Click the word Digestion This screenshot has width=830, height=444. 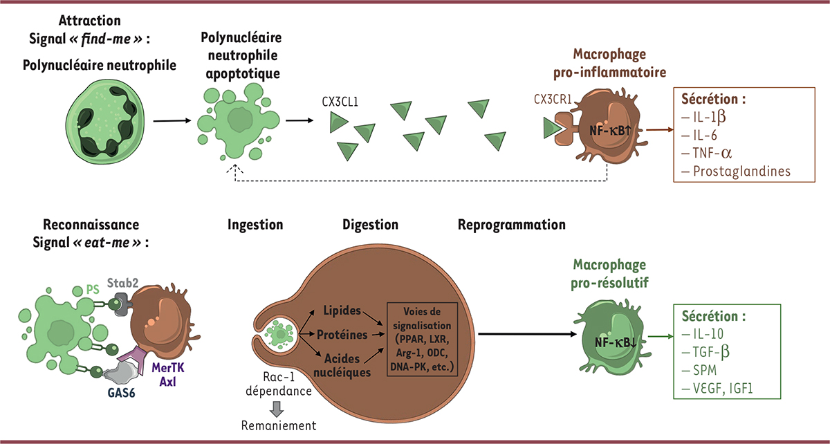[370, 225]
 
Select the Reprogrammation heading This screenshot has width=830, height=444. [511, 225]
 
